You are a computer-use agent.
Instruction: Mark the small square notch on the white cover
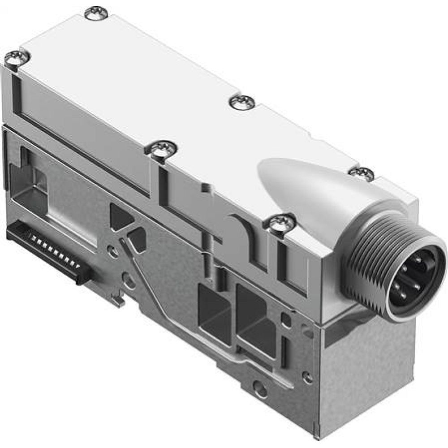(205, 187)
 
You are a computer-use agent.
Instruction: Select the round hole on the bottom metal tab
(260, 388)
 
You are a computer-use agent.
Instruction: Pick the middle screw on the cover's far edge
(242, 102)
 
